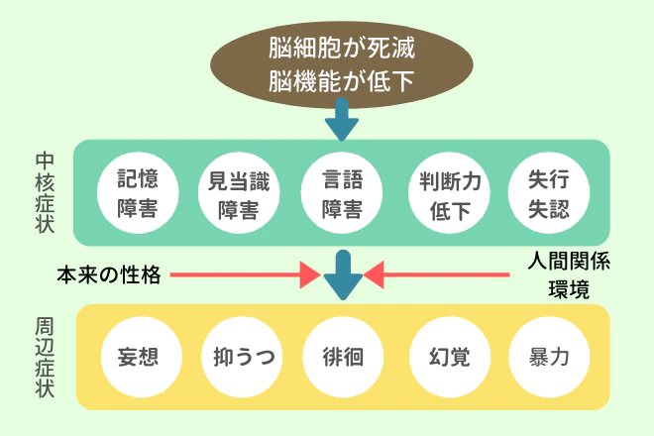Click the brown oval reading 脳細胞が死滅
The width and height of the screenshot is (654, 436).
(342, 63)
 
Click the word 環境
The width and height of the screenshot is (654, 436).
(568, 289)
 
